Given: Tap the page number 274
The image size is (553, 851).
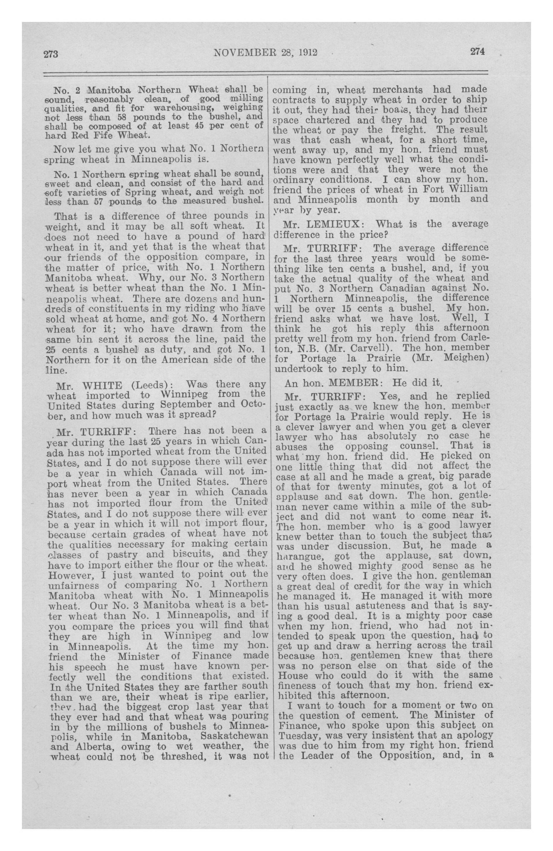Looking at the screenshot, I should tap(477, 52).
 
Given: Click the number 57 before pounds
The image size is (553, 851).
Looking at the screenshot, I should tap(98, 200).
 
